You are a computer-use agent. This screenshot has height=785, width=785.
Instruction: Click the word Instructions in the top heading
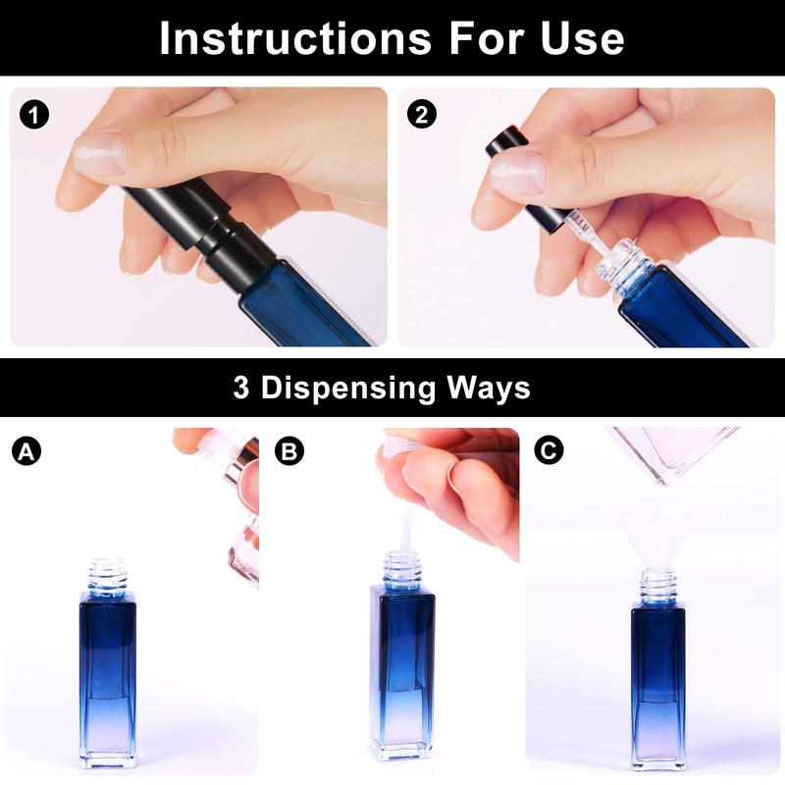coord(295,38)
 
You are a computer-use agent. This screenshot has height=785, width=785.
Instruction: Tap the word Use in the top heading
coord(582,38)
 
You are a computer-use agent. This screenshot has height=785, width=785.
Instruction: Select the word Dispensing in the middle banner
coord(348,389)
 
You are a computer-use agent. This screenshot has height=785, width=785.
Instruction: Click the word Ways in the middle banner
coord(488,389)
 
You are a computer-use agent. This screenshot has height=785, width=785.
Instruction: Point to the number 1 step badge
coord(34,115)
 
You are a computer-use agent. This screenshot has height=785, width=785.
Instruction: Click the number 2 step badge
coord(422,114)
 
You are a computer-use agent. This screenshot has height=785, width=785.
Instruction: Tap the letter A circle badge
coord(26,451)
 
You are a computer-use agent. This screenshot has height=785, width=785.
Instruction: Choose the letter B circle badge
coord(289,450)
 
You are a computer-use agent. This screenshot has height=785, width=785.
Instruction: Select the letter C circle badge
coord(549,449)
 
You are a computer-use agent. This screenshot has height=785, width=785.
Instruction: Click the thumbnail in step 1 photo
coord(100,153)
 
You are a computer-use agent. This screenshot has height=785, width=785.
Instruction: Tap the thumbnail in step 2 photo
coord(518,173)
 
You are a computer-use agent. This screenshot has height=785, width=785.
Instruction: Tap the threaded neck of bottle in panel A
coord(108,576)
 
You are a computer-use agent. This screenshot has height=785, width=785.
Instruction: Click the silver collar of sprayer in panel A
coord(241,462)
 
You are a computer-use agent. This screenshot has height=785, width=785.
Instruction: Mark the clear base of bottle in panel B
coord(400,745)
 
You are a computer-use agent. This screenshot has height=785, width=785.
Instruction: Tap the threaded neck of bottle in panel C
coord(658,588)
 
